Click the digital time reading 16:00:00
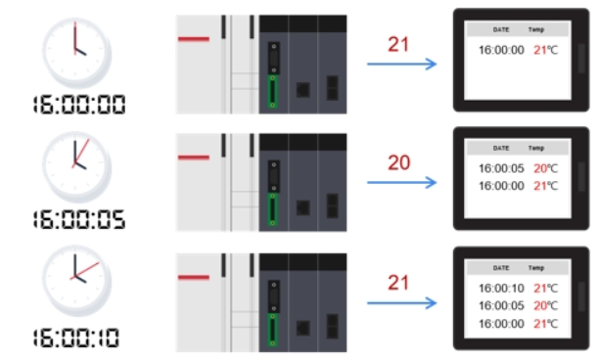(79, 103)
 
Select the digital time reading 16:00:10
(79, 338)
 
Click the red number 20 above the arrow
(398, 162)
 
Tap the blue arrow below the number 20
(401, 182)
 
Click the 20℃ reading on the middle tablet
(543, 168)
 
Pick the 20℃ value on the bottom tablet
(543, 305)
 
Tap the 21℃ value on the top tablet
(543, 49)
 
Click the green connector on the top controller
(273, 91)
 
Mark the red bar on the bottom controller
(194, 276)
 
